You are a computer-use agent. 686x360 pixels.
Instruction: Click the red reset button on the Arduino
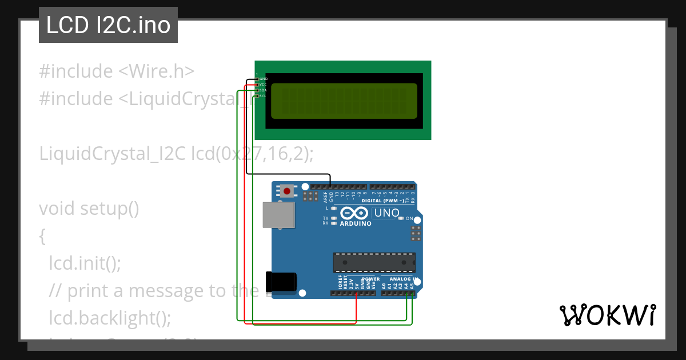coord(286,191)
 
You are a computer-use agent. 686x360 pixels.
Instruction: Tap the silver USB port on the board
coord(278,215)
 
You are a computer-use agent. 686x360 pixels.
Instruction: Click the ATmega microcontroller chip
coord(374,262)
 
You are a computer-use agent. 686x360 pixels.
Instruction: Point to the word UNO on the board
coord(386,213)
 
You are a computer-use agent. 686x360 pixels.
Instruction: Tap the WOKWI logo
coord(607,315)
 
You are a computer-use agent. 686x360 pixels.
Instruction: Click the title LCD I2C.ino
coord(108,25)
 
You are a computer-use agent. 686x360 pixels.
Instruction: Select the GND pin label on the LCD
coord(264,79)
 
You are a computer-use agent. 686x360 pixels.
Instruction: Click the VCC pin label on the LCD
coord(263,85)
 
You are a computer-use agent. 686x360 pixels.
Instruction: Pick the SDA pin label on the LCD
coord(263,90)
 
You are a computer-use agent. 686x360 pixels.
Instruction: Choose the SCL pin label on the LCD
coord(263,96)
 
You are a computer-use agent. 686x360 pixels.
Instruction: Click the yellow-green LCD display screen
coord(344,101)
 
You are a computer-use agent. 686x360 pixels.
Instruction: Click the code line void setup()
coord(89,209)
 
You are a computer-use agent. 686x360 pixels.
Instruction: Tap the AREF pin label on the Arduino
coord(325,197)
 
